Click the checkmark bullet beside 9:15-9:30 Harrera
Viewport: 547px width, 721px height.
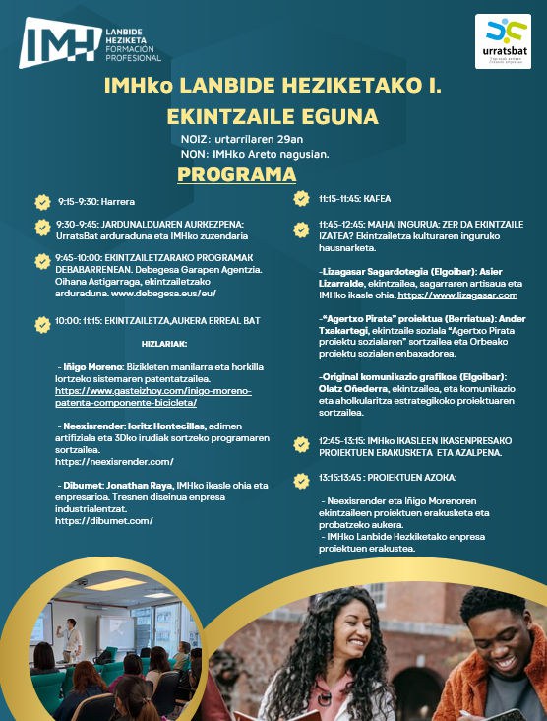tap(42, 203)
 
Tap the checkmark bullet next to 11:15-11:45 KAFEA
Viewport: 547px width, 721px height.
tap(302, 199)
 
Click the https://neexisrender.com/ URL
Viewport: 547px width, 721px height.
tap(114, 461)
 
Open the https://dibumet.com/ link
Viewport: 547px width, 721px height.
tap(103, 521)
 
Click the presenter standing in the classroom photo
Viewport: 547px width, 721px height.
tap(71, 638)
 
